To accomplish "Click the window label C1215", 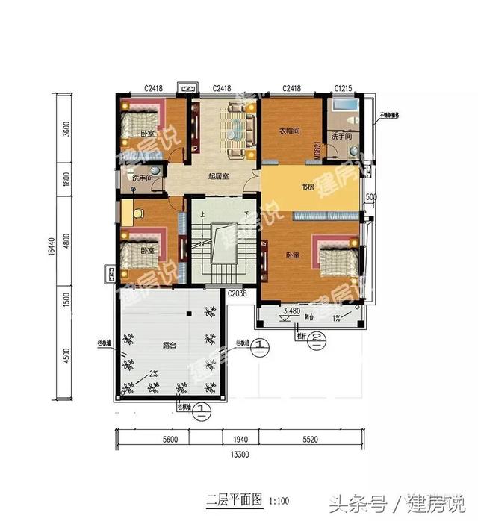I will point(344,89).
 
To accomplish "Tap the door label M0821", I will point(317,151).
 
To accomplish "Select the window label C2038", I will point(237,294).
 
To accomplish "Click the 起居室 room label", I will point(218,175).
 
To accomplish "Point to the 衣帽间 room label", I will point(290,131).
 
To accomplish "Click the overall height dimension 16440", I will point(46,248).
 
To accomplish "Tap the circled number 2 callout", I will point(317,337).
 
